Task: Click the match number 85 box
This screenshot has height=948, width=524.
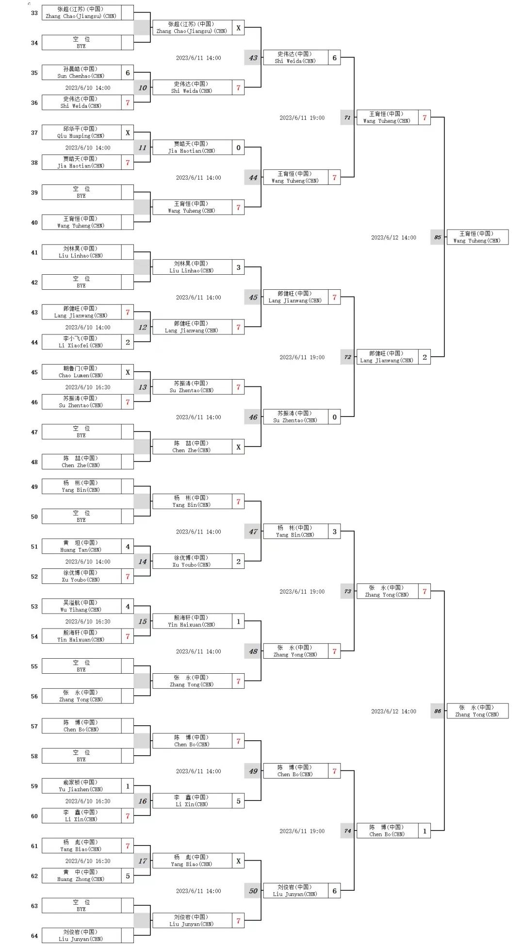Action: click(437, 237)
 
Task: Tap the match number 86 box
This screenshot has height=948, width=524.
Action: click(437, 711)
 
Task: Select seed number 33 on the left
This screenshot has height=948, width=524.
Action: click(34, 13)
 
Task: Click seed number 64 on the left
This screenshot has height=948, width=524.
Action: click(34, 936)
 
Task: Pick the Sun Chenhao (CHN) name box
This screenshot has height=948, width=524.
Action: click(81, 72)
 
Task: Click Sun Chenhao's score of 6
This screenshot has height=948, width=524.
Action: click(128, 73)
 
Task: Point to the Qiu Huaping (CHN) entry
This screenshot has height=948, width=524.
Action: click(81, 133)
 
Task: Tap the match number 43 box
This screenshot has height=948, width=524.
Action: click(253, 58)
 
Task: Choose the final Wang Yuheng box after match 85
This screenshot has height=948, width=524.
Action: click(477, 237)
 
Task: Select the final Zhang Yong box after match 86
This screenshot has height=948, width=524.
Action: click(477, 711)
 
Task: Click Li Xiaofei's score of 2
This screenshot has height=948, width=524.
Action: click(128, 342)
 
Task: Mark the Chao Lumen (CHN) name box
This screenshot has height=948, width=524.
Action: click(81, 372)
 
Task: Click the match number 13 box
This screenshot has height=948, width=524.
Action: click(142, 387)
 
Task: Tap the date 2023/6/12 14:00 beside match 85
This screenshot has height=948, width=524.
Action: click(393, 238)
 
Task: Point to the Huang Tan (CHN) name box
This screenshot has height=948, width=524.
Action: click(81, 546)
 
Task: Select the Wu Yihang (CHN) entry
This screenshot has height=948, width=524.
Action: click(81, 606)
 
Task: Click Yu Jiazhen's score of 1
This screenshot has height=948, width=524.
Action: click(128, 786)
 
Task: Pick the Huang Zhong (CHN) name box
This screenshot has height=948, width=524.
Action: click(81, 876)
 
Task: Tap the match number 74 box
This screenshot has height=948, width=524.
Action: click(347, 831)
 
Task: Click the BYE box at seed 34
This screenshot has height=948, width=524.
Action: click(81, 43)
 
